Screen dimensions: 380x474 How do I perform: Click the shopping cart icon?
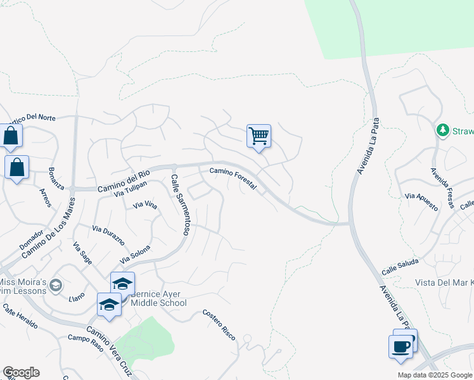point(259,136)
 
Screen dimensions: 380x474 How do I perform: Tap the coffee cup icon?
point(400,347)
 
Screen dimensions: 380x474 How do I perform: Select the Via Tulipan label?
point(131,189)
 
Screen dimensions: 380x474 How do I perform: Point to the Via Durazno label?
point(106,232)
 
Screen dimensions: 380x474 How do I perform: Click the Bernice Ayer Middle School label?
point(158,298)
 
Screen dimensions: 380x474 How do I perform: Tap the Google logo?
point(21,372)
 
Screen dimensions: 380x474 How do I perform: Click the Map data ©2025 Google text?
point(434,375)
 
